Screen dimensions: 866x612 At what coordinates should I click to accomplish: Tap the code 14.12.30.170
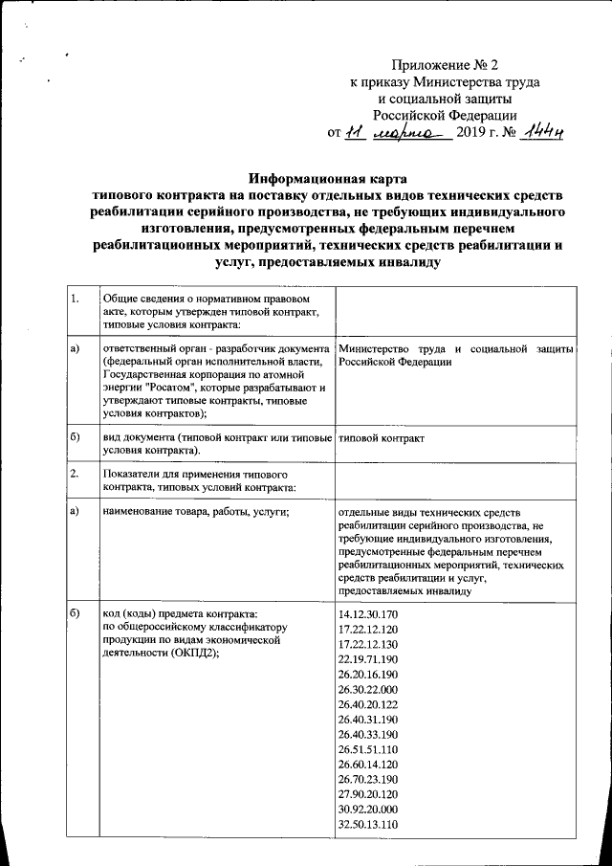pyautogui.click(x=368, y=611)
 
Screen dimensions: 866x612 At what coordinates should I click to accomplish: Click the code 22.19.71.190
pyautogui.click(x=368, y=658)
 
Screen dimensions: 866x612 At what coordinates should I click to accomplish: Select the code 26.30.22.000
pyautogui.click(x=368, y=689)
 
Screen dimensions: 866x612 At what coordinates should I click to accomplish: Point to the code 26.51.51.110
pyautogui.click(x=368, y=751)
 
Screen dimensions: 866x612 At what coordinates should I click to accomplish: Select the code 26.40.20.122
pyautogui.click(x=368, y=705)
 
